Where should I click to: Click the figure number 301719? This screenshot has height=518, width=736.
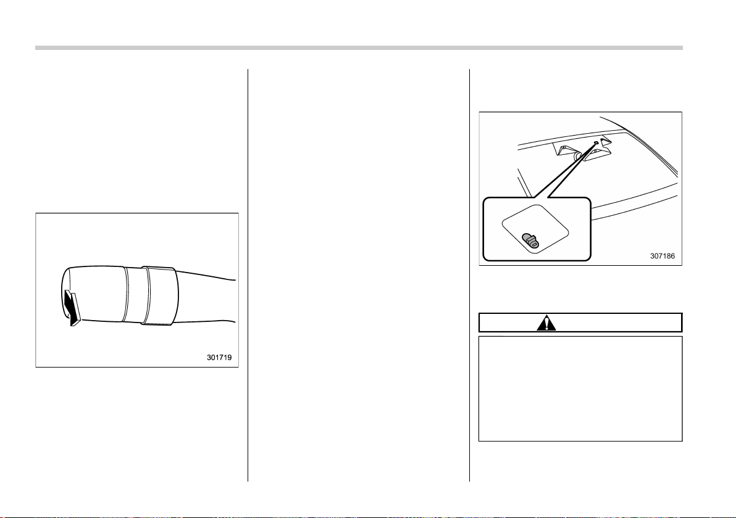pyautogui.click(x=219, y=358)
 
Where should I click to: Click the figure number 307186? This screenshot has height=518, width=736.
pyautogui.click(x=663, y=256)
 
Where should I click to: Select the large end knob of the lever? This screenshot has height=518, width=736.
pyautogui.click(x=94, y=294)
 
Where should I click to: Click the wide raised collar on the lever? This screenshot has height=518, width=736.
pyautogui.click(x=161, y=295)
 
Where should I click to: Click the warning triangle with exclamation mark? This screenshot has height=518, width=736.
pyautogui.click(x=546, y=323)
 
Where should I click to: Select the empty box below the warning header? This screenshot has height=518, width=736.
pyautogui.click(x=580, y=388)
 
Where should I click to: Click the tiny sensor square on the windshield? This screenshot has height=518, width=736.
pyautogui.click(x=596, y=142)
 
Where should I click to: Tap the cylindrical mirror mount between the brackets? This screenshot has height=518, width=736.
pyautogui.click(x=579, y=155)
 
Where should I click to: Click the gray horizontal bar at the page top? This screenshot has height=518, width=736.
pyautogui.click(x=359, y=48)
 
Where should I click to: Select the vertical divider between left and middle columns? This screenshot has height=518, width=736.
pyautogui.click(x=248, y=275)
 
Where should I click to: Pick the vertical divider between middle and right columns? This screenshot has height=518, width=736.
pyautogui.click(x=469, y=275)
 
